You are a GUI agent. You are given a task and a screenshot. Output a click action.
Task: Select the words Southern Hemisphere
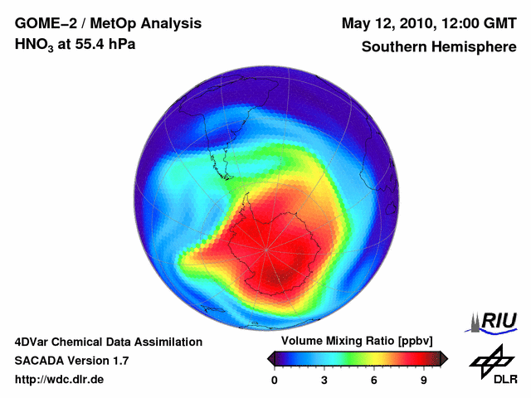pos(438,46)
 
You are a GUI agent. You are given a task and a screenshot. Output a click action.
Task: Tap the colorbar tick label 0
pos(275,381)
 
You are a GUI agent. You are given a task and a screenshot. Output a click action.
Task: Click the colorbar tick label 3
pos(324,381)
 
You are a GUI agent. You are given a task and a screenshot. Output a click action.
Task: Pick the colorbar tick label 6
pos(374,381)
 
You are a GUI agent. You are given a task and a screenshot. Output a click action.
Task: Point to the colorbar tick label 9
pos(423,381)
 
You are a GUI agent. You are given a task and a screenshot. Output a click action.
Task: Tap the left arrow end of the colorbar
pos(270,357)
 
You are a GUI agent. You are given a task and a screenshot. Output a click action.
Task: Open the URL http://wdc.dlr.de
pos(60,380)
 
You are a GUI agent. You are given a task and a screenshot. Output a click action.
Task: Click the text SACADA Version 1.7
pos(71,361)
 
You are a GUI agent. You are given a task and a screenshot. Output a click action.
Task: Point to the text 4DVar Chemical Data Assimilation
pos(108,342)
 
